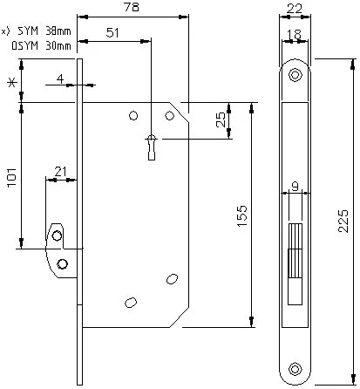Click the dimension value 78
click(x=132, y=7)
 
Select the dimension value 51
click(x=112, y=32)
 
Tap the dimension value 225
click(x=343, y=221)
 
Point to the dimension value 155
click(x=241, y=216)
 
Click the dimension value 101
click(x=12, y=178)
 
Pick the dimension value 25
click(x=221, y=119)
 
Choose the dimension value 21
click(x=61, y=172)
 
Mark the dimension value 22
click(x=295, y=9)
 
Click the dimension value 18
click(x=295, y=34)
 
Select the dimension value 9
click(x=295, y=186)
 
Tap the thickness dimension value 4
click(x=60, y=79)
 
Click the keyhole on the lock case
click(x=152, y=147)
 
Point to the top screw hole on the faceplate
click(x=295, y=75)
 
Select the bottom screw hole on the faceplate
click(x=295, y=369)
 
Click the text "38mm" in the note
click(x=58, y=31)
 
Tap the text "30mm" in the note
click(x=58, y=45)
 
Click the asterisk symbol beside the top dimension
click(x=11, y=83)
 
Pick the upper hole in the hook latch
click(x=57, y=235)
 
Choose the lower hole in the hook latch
click(x=62, y=264)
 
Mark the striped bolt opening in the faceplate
click(x=295, y=251)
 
